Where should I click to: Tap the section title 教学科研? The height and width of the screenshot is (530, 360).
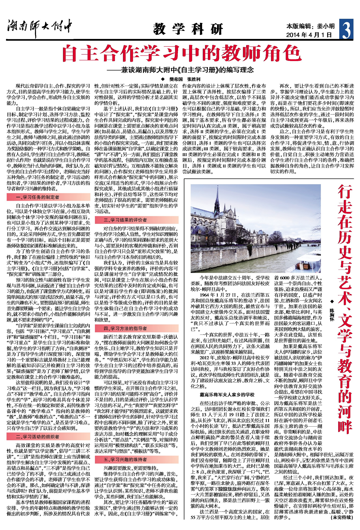188,29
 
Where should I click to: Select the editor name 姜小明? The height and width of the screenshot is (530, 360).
326,26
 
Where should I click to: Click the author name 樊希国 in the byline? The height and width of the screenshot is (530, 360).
176,79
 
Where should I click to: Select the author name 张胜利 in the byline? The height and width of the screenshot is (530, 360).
194,79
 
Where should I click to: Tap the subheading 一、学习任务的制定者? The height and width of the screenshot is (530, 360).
38,197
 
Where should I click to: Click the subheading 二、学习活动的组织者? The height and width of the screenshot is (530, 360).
38,437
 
